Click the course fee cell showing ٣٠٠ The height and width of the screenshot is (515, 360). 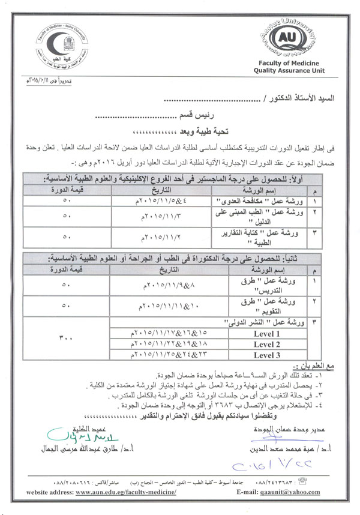[x=67, y=339]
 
